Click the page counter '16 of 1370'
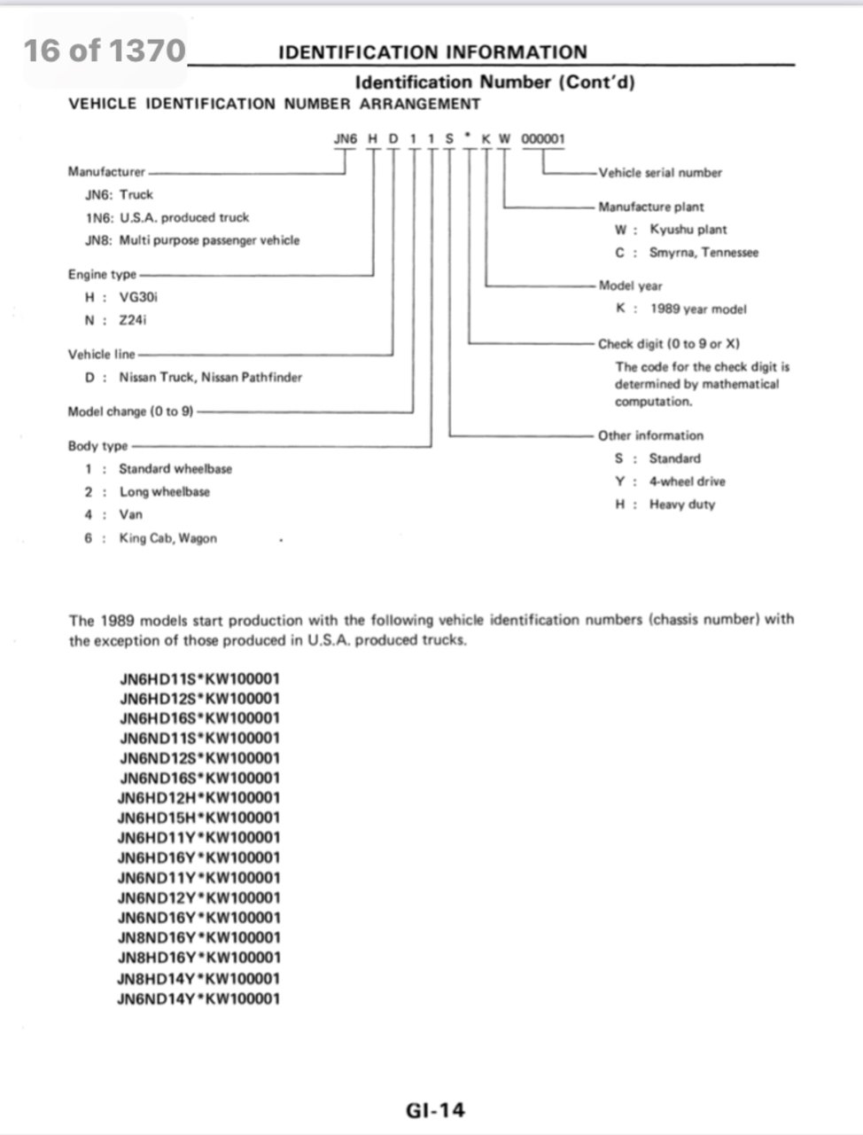point(105,51)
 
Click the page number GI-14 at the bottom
point(435,1109)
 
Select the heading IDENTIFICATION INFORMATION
point(432,51)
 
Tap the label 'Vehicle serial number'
point(660,173)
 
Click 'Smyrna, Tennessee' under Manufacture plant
point(704,252)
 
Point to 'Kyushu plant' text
point(688,229)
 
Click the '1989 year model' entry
point(697,309)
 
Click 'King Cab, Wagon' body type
point(167,537)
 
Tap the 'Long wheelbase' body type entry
point(165,491)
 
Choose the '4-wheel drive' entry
point(687,481)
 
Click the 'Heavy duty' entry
point(681,504)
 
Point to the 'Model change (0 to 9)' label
point(130,411)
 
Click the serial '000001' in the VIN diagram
point(542,139)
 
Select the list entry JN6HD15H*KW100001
point(198,818)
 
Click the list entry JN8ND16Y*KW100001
point(198,937)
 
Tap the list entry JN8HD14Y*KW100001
point(198,978)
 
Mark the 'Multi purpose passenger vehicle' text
point(209,240)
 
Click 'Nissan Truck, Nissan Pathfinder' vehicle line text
point(210,377)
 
